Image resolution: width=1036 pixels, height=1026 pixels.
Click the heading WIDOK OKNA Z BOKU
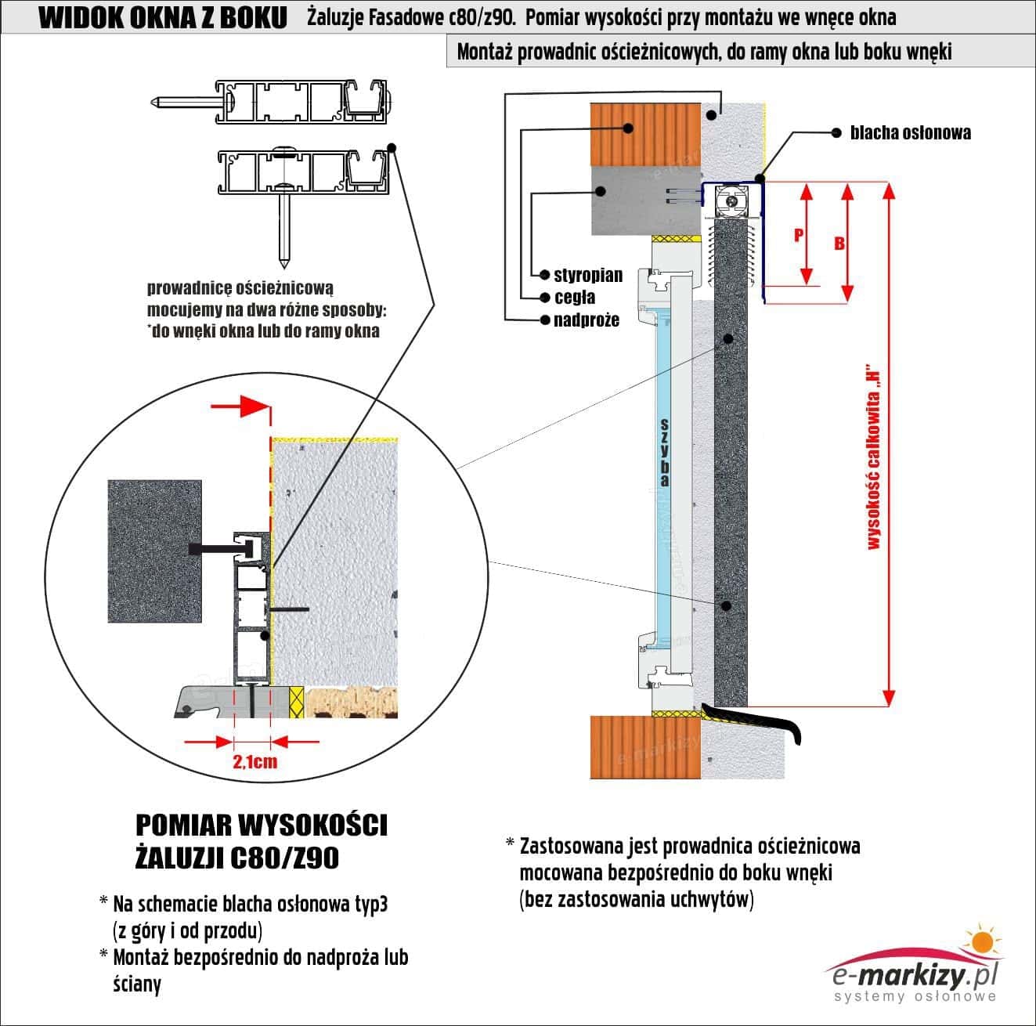pos(162,18)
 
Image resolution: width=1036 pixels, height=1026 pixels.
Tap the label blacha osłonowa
pos(910,132)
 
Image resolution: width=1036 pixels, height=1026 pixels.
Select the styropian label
pos(588,275)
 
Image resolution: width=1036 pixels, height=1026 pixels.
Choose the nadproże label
pos(586,320)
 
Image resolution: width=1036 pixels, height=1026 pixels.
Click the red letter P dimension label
pos(799,234)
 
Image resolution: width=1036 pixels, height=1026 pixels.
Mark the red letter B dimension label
pos(839,243)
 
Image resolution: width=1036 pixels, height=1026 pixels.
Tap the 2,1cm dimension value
pos(254,761)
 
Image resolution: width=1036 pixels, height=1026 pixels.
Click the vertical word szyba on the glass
pos(664,453)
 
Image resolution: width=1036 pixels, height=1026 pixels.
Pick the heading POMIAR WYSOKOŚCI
pos(262,825)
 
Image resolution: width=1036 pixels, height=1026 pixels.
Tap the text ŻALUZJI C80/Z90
pos(238,858)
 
